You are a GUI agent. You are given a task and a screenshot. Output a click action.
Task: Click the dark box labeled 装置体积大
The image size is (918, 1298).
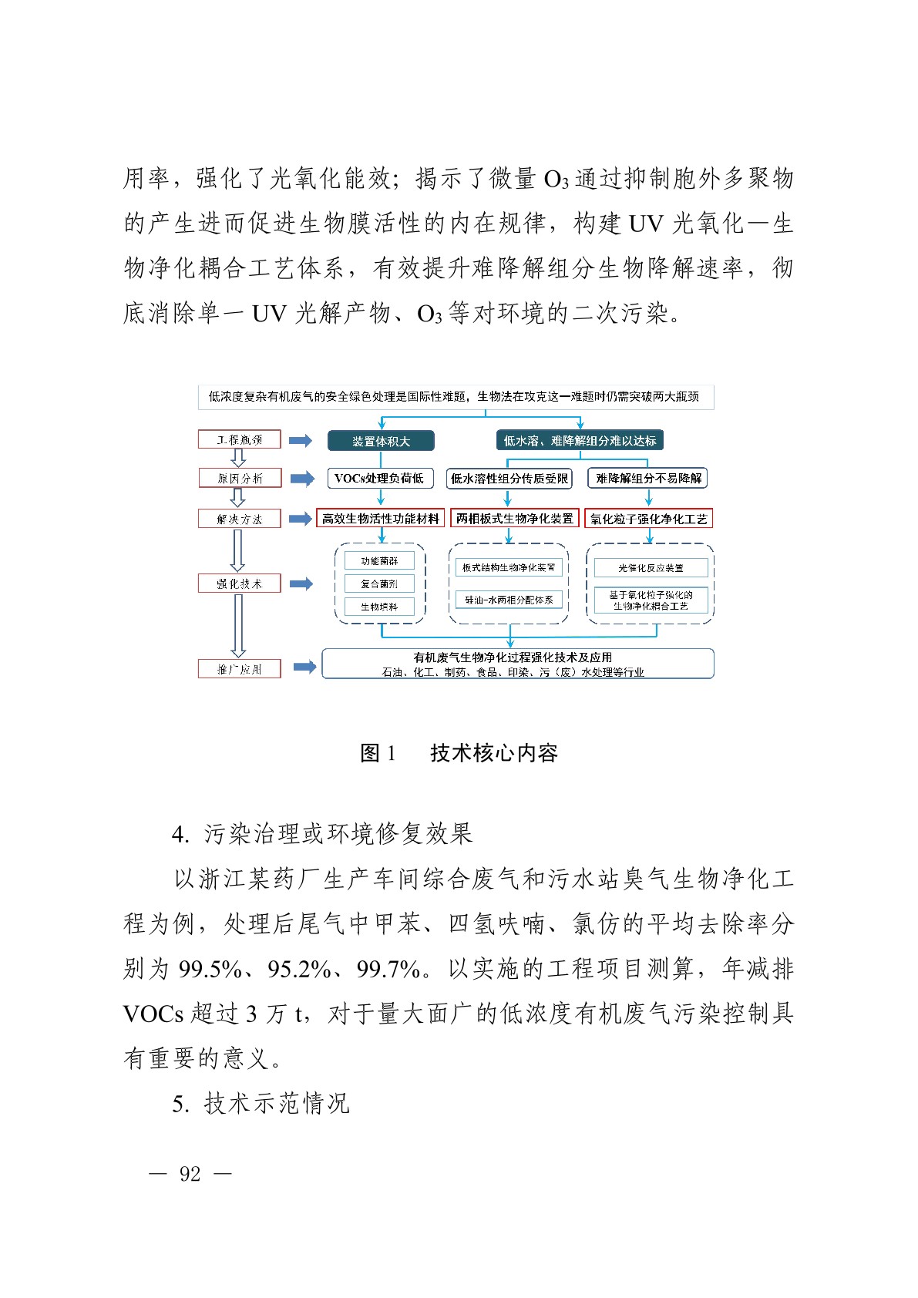pos(381,441)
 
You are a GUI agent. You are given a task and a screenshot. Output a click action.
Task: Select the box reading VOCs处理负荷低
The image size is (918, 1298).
pos(379,479)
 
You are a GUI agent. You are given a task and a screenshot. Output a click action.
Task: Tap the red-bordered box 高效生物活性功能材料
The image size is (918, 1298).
pos(381,519)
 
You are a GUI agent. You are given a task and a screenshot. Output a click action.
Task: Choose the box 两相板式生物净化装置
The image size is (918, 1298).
pos(514,519)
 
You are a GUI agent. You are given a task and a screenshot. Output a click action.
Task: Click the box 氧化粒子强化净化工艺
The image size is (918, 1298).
pos(648,519)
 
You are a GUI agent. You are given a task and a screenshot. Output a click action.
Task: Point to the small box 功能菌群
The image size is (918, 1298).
pos(379,561)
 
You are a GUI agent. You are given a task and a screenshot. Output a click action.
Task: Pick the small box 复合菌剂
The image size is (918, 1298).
pos(379,584)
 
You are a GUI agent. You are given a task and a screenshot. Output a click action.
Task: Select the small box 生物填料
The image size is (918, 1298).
pos(379,607)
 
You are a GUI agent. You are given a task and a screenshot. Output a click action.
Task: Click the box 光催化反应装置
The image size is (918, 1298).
pos(651,568)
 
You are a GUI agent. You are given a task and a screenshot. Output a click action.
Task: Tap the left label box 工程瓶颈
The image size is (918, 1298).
pos(239,440)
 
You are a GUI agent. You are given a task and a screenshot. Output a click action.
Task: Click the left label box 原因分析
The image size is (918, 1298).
pos(239,479)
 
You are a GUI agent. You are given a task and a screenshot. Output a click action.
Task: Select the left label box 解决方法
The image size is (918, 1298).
pos(239,520)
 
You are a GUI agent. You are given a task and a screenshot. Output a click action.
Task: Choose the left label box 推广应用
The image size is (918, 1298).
pos(239,669)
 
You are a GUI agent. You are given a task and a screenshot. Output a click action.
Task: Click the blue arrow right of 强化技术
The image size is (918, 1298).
pos(301,584)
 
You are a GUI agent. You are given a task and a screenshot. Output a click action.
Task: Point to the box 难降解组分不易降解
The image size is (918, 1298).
pos(648,479)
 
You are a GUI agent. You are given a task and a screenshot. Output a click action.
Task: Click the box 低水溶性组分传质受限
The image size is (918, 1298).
pos(509,479)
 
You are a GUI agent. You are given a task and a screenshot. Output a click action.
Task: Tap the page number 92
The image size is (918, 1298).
pos(190,1174)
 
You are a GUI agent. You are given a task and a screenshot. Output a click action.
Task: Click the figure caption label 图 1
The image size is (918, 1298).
pos(378,753)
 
